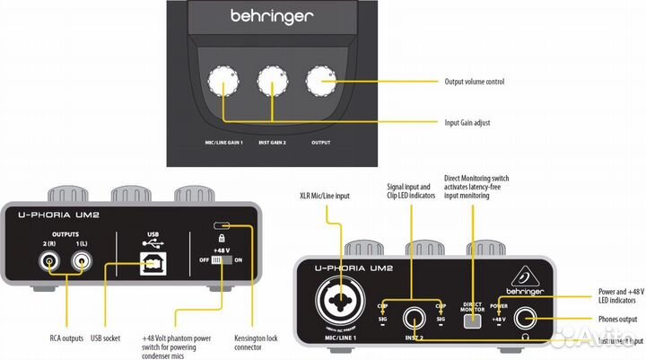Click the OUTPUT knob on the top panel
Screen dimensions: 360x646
coord(319,83)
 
